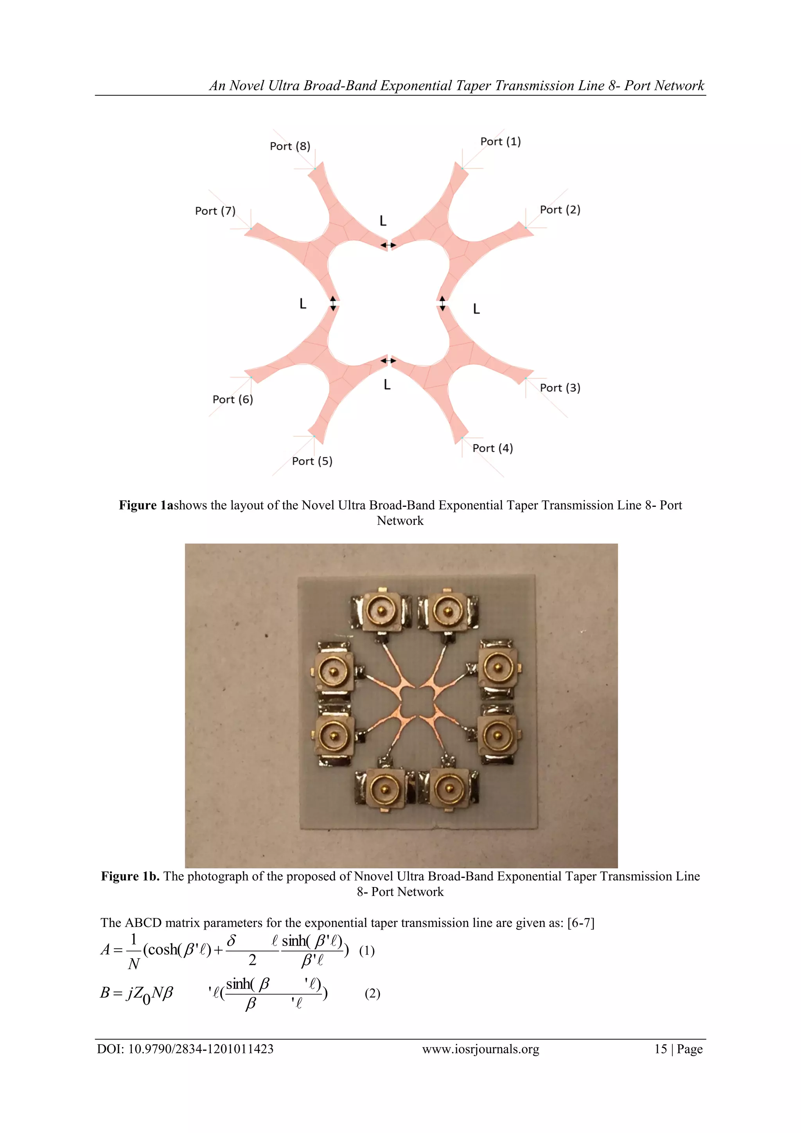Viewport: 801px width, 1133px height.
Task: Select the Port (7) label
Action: pyautogui.click(x=215, y=211)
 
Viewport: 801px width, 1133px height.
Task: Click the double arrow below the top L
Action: pyautogui.click(x=388, y=245)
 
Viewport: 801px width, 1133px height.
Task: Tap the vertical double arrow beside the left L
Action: pyautogui.click(x=333, y=303)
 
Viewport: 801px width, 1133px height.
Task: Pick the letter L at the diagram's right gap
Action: pyautogui.click(x=476, y=309)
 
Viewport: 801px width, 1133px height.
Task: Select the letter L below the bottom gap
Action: pyautogui.click(x=387, y=384)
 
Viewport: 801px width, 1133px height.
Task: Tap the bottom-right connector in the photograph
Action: pyautogui.click(x=448, y=788)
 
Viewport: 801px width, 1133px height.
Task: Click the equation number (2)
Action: pyautogui.click(x=372, y=993)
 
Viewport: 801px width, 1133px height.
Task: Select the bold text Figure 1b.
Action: pyautogui.click(x=130, y=876)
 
